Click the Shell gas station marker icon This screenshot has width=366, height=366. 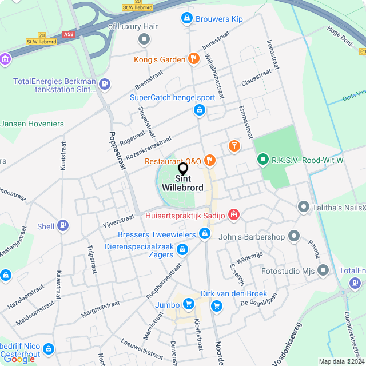63,226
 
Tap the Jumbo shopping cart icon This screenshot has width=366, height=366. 189,304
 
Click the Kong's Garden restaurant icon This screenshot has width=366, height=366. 194,59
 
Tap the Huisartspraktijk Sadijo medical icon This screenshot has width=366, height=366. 233,215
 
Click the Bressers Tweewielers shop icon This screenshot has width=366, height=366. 205,234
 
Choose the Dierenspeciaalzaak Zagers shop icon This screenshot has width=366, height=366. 182,249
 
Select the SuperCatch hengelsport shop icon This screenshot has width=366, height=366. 199,109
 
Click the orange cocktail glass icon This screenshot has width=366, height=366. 234,146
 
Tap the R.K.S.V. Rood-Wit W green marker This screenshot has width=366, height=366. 262,160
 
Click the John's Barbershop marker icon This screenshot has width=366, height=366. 294,236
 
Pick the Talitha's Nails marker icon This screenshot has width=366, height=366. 303,207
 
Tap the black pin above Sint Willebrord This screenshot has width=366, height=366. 183,169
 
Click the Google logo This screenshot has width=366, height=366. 19,359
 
